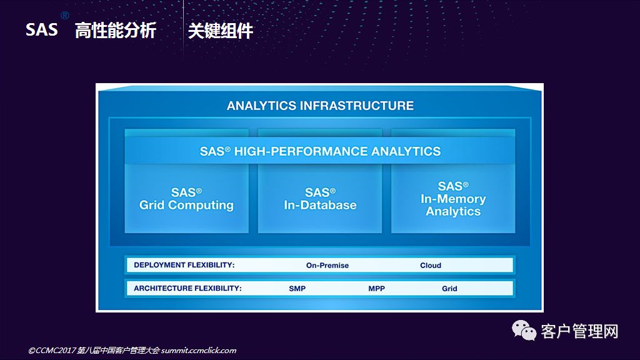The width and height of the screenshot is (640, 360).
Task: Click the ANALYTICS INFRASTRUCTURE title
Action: click(x=320, y=106)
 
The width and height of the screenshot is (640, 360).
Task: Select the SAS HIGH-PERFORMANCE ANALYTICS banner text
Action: click(x=320, y=151)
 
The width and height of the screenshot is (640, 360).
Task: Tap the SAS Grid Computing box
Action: click(x=186, y=199)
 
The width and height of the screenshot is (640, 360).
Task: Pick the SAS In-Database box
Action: click(x=320, y=199)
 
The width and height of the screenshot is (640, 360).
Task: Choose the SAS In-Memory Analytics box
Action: click(x=453, y=199)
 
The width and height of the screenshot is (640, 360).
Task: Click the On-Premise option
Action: click(x=327, y=265)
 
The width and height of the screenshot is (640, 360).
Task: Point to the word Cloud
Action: click(x=431, y=265)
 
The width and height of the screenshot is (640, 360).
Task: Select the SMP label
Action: click(x=297, y=289)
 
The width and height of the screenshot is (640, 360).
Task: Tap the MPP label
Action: click(x=376, y=289)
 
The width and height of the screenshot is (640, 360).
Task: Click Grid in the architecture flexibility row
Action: click(x=449, y=289)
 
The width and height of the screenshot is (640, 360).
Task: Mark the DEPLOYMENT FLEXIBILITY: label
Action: click(x=184, y=265)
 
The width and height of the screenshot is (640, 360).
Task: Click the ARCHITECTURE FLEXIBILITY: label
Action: click(x=187, y=288)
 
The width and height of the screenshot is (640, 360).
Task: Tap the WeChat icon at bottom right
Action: click(x=524, y=331)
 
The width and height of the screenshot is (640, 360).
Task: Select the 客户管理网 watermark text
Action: click(x=579, y=331)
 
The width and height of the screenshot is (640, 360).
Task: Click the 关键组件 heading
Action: click(x=221, y=31)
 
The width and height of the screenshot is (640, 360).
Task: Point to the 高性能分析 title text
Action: click(x=116, y=31)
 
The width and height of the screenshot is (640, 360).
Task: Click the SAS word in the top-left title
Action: click(x=42, y=30)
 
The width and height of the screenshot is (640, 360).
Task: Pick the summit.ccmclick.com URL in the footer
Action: click(x=198, y=350)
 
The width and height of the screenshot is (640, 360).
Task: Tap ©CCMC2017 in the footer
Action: click(x=52, y=350)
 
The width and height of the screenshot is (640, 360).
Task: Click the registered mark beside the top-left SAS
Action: click(x=65, y=16)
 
